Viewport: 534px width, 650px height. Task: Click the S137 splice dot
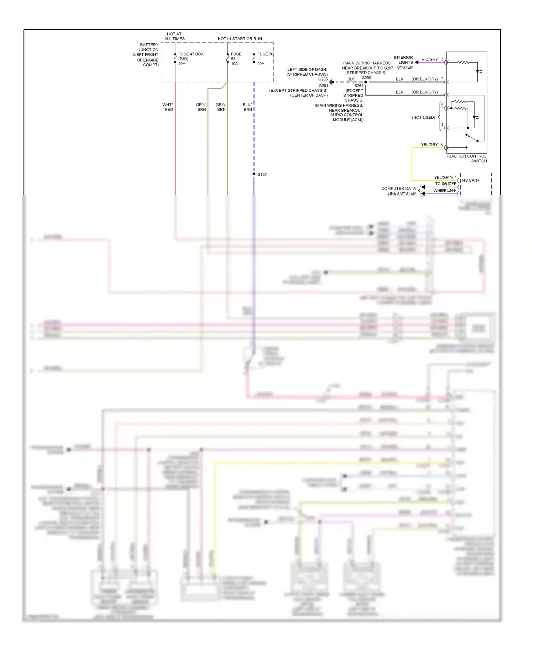254,174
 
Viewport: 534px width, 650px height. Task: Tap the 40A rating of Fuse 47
182,64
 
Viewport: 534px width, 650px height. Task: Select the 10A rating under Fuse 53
234,64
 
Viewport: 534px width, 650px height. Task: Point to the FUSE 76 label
265,54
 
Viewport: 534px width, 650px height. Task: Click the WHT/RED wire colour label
168,107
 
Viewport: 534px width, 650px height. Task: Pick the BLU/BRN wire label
247,107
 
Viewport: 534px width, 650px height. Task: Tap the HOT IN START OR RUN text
240,39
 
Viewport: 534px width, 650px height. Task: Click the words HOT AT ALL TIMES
174,36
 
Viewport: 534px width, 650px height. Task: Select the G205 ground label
323,79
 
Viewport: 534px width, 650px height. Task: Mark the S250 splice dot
366,82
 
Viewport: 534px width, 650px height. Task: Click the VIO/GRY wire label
429,59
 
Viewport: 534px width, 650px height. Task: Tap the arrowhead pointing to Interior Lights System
417,62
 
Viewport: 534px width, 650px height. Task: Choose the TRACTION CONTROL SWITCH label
466,159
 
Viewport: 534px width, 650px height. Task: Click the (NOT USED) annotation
423,117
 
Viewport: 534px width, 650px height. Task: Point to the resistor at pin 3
463,62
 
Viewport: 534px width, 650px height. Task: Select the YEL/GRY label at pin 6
429,145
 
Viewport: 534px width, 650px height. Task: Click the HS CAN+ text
471,180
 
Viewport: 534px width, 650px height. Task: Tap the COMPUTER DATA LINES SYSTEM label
399,191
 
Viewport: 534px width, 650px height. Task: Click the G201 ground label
323,86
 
